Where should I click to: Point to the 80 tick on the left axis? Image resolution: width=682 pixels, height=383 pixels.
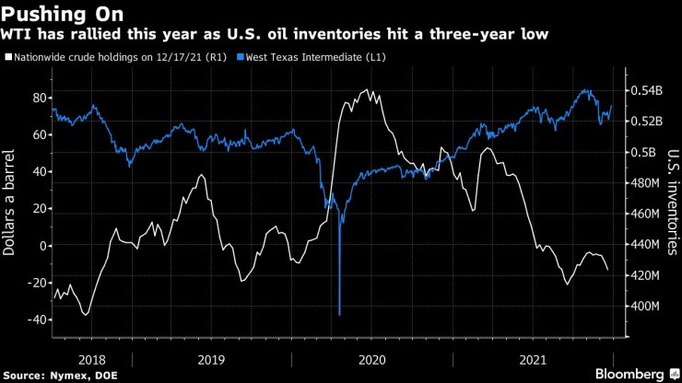pyautogui.click(x=40, y=98)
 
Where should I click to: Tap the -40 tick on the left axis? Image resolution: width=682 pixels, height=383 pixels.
pyautogui.click(x=36, y=319)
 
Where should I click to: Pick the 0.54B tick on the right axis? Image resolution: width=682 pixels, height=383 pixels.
pyautogui.click(x=647, y=91)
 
